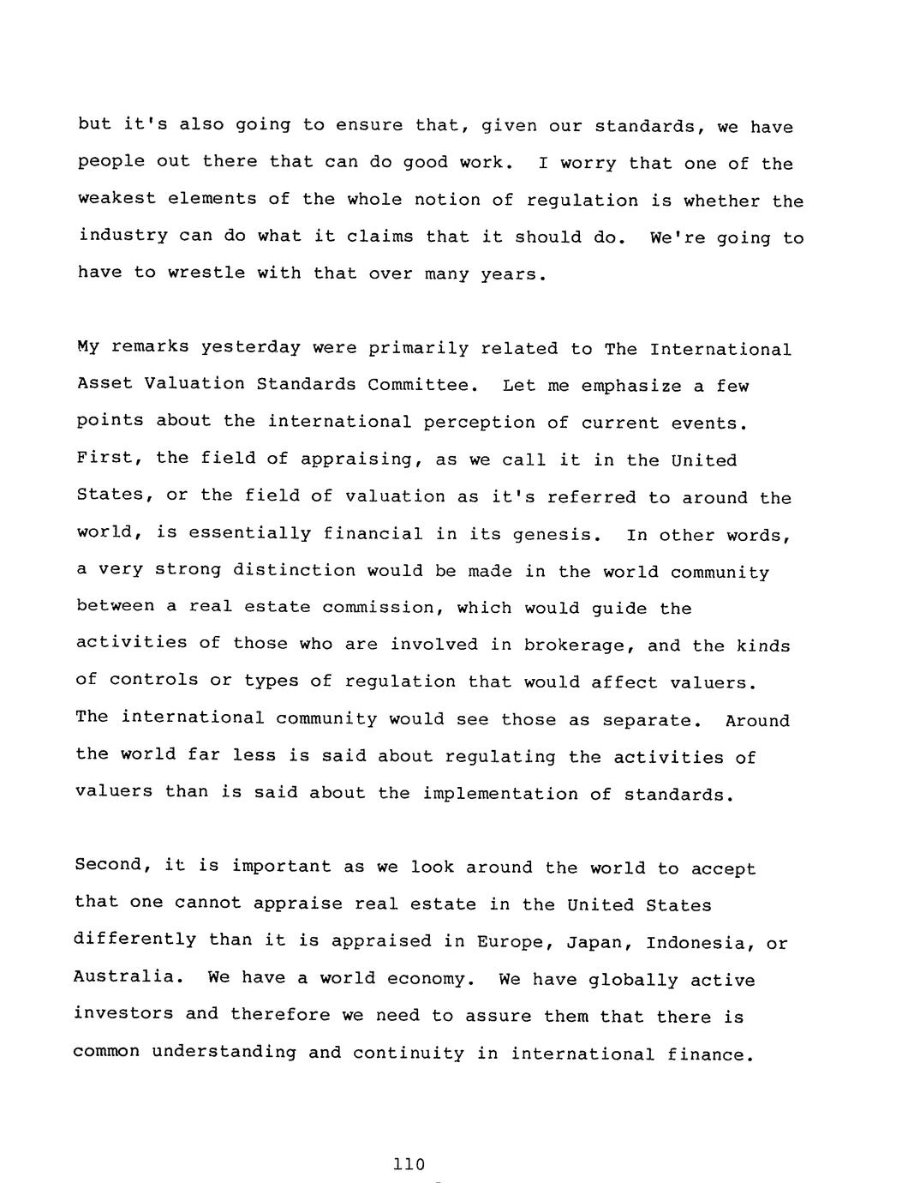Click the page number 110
pos(408,1164)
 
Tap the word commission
pos(378,608)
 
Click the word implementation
pos(499,794)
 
